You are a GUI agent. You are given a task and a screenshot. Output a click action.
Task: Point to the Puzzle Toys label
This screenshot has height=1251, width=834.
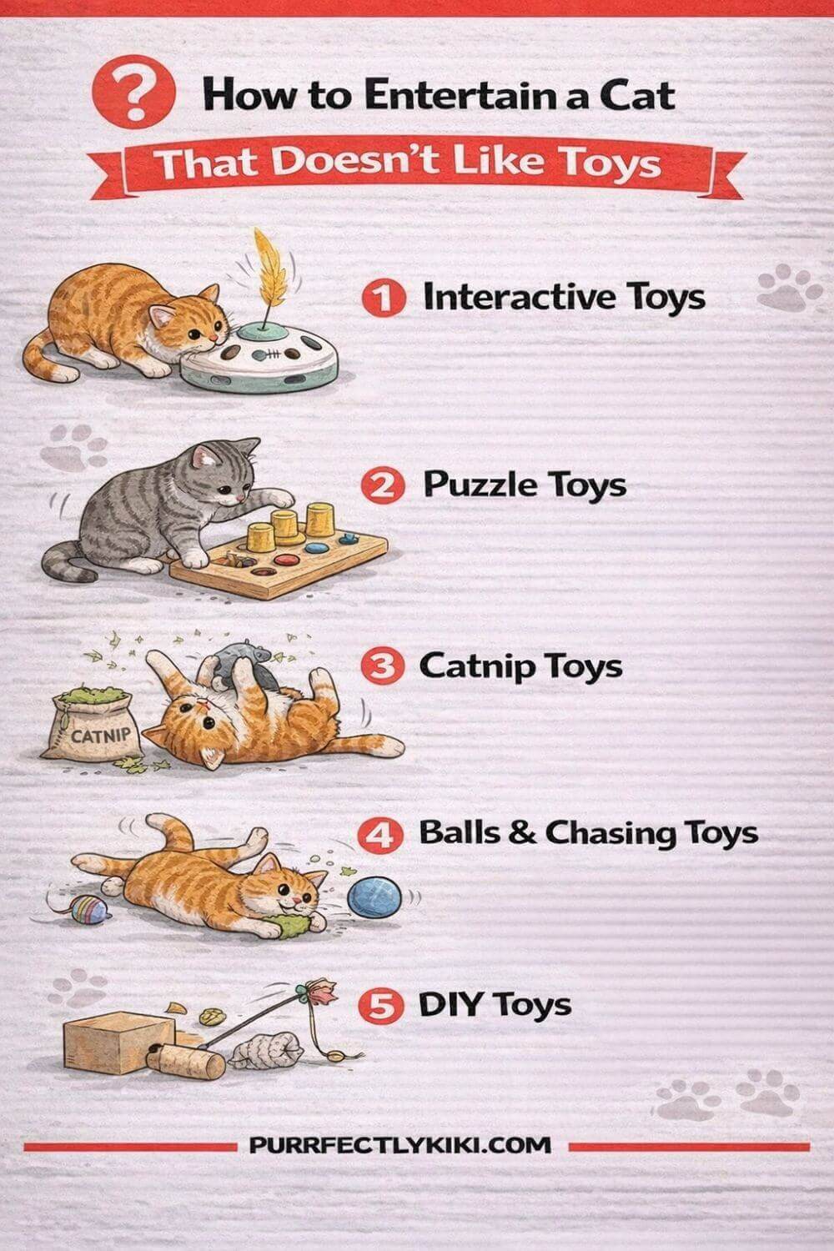(x=524, y=485)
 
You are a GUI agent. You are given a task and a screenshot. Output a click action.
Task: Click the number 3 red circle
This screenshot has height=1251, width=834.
(x=381, y=667)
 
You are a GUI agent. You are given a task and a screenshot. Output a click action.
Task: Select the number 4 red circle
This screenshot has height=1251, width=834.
(x=381, y=835)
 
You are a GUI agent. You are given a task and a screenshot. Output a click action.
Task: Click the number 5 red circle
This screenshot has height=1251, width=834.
(x=380, y=1006)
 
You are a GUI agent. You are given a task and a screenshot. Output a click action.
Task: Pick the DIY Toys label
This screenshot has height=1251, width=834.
(x=495, y=1005)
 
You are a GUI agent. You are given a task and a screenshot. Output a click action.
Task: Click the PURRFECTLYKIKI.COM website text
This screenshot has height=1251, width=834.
(x=399, y=1145)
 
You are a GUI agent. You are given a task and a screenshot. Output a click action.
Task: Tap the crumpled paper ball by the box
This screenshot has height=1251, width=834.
(x=264, y=1049)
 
